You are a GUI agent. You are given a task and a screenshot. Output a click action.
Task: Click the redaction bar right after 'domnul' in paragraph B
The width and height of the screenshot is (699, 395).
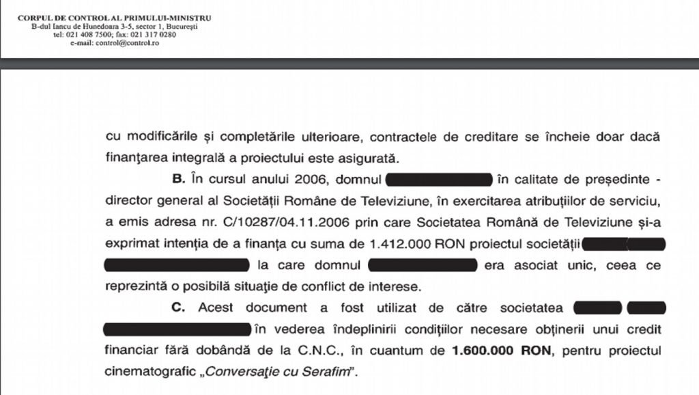pos(439,180)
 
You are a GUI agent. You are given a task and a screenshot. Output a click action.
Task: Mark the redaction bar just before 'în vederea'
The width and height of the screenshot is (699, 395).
pos(176,329)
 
